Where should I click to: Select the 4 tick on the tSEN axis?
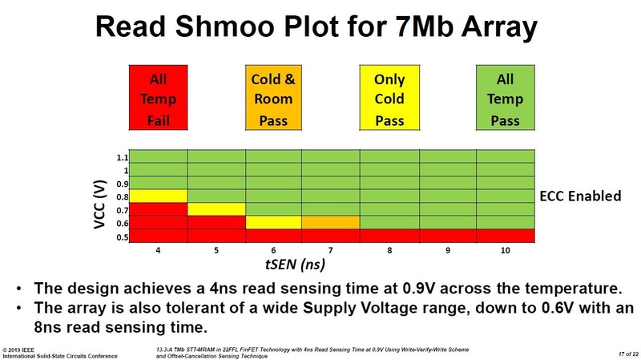click(x=159, y=249)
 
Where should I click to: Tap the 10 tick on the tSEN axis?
click(x=505, y=249)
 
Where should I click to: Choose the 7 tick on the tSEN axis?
click(x=332, y=249)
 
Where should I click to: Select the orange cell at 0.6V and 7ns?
click(x=332, y=222)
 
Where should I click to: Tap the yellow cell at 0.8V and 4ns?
click(x=159, y=196)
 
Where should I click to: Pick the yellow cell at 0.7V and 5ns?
click(x=216, y=209)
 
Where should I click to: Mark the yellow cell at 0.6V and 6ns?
click(x=274, y=222)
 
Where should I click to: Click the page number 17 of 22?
click(x=619, y=352)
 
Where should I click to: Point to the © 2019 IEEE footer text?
click(x=22, y=349)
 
